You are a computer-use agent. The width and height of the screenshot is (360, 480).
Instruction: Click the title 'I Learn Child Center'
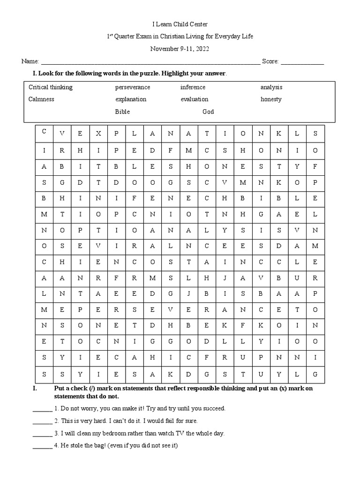point(180,24)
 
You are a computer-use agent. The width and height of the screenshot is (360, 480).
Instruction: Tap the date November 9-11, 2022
point(180,49)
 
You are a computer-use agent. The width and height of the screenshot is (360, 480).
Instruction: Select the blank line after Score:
point(302,62)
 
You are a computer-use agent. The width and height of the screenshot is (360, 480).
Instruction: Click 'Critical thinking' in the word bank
point(51,87)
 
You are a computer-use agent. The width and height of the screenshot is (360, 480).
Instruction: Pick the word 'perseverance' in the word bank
point(133,87)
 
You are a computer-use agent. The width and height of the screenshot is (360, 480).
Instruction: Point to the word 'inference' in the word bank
point(193,87)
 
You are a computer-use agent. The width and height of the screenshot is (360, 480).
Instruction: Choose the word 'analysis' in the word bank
point(271,87)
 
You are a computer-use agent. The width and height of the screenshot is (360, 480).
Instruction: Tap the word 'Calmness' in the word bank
point(41,99)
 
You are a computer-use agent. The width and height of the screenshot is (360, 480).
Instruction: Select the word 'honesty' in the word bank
point(271,99)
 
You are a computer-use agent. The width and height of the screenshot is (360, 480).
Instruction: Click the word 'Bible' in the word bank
point(122,112)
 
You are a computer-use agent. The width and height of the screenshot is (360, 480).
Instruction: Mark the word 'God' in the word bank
point(208,112)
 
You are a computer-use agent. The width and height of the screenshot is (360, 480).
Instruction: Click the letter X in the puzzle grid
point(98,133)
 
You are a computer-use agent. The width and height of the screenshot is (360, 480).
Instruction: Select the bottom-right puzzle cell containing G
point(315,374)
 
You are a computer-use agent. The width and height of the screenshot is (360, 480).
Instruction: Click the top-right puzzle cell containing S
point(315,133)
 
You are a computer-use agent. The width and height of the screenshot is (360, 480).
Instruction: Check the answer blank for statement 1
point(42,409)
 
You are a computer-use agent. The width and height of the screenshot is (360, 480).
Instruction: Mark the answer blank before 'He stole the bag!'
point(42,446)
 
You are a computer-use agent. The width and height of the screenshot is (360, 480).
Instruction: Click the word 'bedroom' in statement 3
point(109,433)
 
